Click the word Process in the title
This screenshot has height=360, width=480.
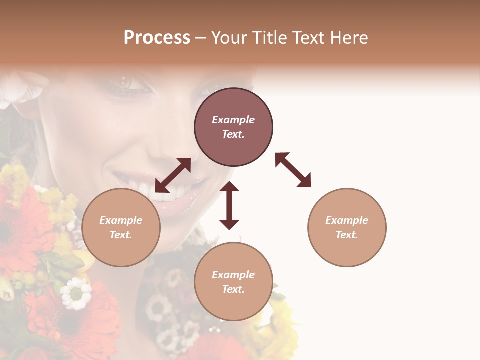(157, 38)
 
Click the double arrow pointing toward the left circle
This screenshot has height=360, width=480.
(173, 175)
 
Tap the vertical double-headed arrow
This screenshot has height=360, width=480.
(229, 205)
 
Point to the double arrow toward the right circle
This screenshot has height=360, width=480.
(293, 170)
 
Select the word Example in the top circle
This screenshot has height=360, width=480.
(233, 120)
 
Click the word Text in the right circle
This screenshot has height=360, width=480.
(347, 235)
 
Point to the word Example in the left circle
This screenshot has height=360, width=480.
(121, 220)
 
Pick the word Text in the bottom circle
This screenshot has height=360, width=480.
(233, 289)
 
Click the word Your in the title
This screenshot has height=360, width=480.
(229, 38)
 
